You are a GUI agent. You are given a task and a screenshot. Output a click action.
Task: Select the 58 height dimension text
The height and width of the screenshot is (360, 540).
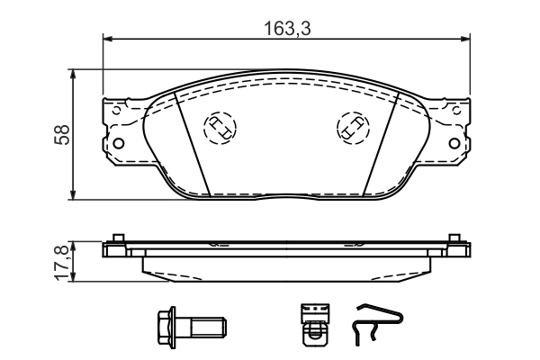[61, 135]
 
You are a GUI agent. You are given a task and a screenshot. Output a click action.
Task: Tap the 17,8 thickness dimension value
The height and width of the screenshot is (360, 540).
[61, 261]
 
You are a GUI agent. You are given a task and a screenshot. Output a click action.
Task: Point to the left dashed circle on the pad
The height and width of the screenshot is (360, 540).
[219, 127]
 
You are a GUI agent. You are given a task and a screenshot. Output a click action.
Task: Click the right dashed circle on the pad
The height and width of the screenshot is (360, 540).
[351, 127]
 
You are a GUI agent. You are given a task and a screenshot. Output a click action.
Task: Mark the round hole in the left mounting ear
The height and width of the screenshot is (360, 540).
[116, 142]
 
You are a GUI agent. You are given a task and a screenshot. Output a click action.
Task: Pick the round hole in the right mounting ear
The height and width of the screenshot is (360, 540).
[458, 142]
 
